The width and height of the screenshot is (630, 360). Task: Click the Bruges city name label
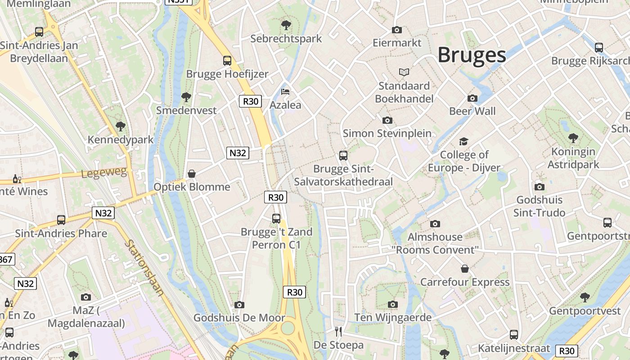472,55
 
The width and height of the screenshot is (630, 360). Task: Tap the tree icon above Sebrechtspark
286,25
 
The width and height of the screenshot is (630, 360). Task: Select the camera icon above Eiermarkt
396,30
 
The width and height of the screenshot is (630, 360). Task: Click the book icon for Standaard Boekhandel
404,72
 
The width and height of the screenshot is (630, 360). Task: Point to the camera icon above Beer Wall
472,98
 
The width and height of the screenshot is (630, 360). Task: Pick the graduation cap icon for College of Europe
463,142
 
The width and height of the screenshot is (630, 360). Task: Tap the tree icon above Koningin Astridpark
573,138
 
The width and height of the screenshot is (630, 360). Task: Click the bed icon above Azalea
285,92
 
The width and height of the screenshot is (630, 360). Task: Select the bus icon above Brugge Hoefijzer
227,60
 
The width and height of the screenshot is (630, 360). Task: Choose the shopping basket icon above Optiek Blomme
192,174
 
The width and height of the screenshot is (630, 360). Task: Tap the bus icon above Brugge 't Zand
276,219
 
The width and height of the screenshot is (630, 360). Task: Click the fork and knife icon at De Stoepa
338,332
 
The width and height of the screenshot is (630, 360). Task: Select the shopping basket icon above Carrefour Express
465,269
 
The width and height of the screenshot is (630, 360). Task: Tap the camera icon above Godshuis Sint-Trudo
539,187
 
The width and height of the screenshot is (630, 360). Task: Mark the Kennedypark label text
121,140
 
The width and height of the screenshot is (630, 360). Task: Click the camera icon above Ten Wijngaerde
393,305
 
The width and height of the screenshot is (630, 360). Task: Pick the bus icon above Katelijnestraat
514,335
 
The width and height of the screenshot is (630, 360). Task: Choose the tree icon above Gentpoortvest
585,297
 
